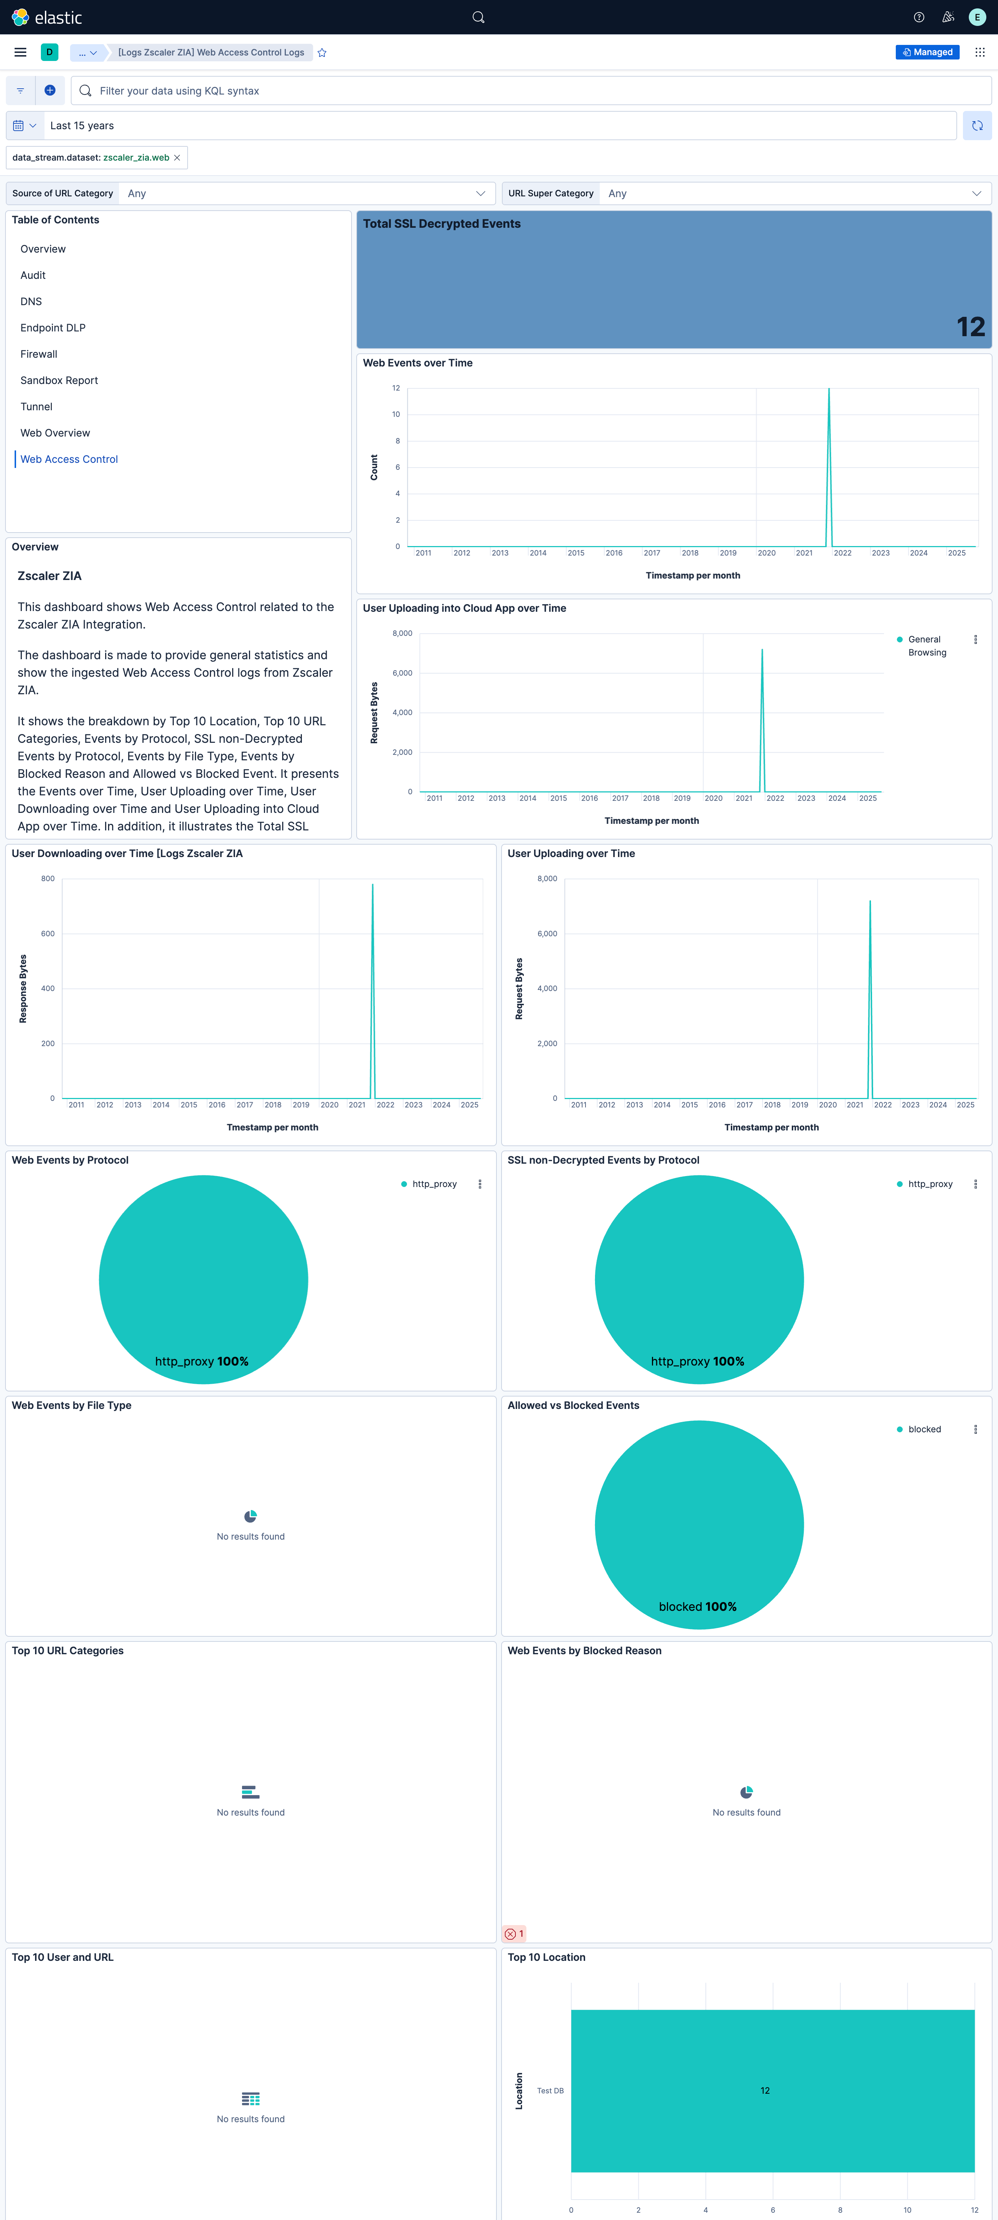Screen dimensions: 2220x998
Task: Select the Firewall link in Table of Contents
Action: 39,354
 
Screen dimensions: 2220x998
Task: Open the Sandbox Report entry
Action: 59,380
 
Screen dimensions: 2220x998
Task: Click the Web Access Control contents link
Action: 69,459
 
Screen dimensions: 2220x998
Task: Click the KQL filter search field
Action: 534,91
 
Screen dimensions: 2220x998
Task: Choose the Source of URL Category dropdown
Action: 306,193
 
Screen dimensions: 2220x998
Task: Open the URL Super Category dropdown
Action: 793,193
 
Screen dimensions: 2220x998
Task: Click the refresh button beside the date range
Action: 976,126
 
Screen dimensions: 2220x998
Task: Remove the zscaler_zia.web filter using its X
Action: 177,158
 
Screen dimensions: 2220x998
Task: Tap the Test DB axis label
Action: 550,2091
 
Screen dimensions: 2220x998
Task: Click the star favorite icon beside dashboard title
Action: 322,53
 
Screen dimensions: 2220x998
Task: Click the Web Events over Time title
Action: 417,363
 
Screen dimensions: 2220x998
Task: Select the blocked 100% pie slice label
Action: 697,1606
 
